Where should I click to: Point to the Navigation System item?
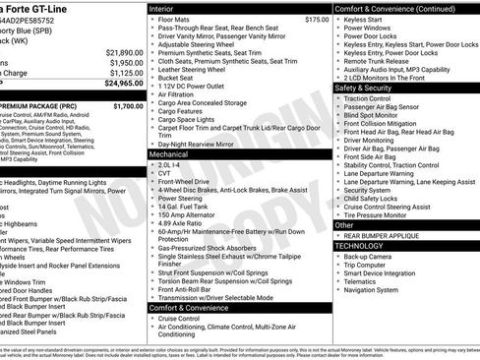[375, 289]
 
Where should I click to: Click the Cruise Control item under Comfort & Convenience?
[182, 318]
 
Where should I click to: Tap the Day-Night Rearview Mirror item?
[202, 144]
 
